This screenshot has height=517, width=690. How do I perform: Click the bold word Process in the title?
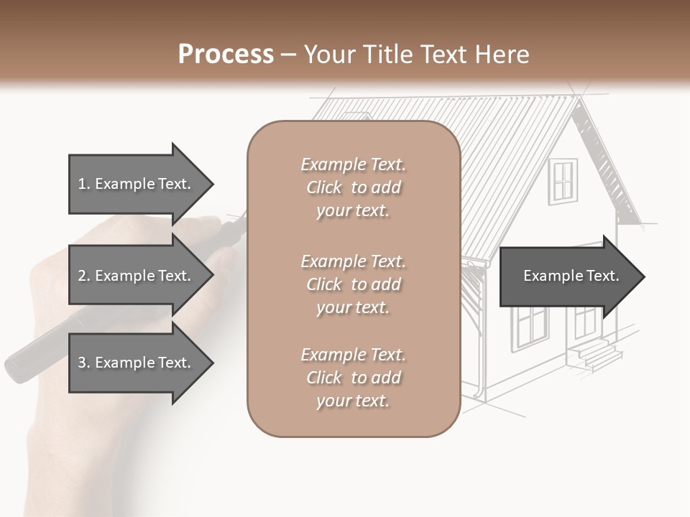(226, 55)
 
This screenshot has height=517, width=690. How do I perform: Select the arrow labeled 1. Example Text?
(134, 184)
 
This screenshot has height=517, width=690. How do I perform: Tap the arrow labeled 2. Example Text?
(134, 276)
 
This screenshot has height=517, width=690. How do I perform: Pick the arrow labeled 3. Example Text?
(134, 363)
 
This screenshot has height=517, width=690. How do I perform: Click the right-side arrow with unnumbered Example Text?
(571, 276)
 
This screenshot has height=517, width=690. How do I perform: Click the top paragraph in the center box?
(353, 187)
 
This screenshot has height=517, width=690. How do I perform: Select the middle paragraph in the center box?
(353, 284)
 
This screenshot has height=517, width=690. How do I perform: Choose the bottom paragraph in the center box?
(353, 378)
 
